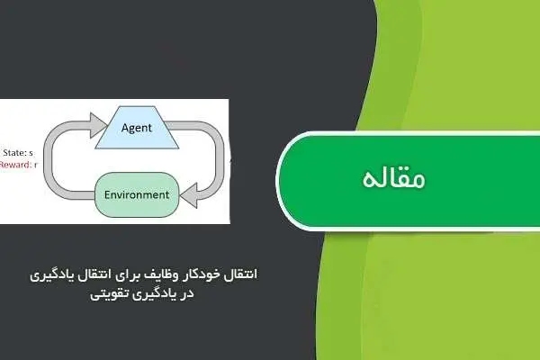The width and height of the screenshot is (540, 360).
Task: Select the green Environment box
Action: click(136, 194)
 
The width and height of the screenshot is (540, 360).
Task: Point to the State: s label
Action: click(19, 153)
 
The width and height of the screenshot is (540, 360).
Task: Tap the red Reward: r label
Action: click(17, 166)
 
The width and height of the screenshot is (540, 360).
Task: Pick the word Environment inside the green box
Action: click(136, 194)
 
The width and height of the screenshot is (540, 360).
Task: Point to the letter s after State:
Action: click(32, 153)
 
